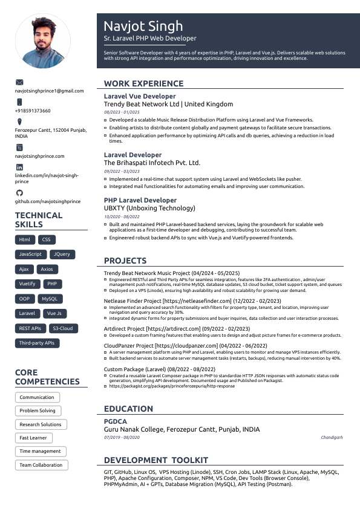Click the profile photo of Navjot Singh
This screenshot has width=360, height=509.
pyautogui.click(x=42, y=42)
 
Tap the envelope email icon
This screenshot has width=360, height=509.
pyautogui.click(x=19, y=82)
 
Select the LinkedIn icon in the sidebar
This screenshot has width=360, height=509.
pyautogui.click(x=19, y=167)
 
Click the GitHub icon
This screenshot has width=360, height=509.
pyautogui.click(x=19, y=192)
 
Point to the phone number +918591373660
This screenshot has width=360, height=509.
pyautogui.click(x=33, y=111)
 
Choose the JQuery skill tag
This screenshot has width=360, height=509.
pyautogui.click(x=61, y=254)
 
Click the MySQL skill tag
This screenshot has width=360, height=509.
pyautogui.click(x=50, y=299)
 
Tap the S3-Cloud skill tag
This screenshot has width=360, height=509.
pyautogui.click(x=62, y=328)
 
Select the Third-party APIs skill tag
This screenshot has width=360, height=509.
pyautogui.click(x=37, y=343)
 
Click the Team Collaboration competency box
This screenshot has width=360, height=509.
pyautogui.click(x=41, y=465)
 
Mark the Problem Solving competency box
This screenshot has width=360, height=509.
pyautogui.click(x=38, y=410)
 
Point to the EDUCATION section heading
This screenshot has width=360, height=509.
pyautogui.click(x=128, y=409)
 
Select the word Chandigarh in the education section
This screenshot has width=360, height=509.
pyautogui.click(x=332, y=437)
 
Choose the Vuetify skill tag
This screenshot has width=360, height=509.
pyautogui.click(x=27, y=284)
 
